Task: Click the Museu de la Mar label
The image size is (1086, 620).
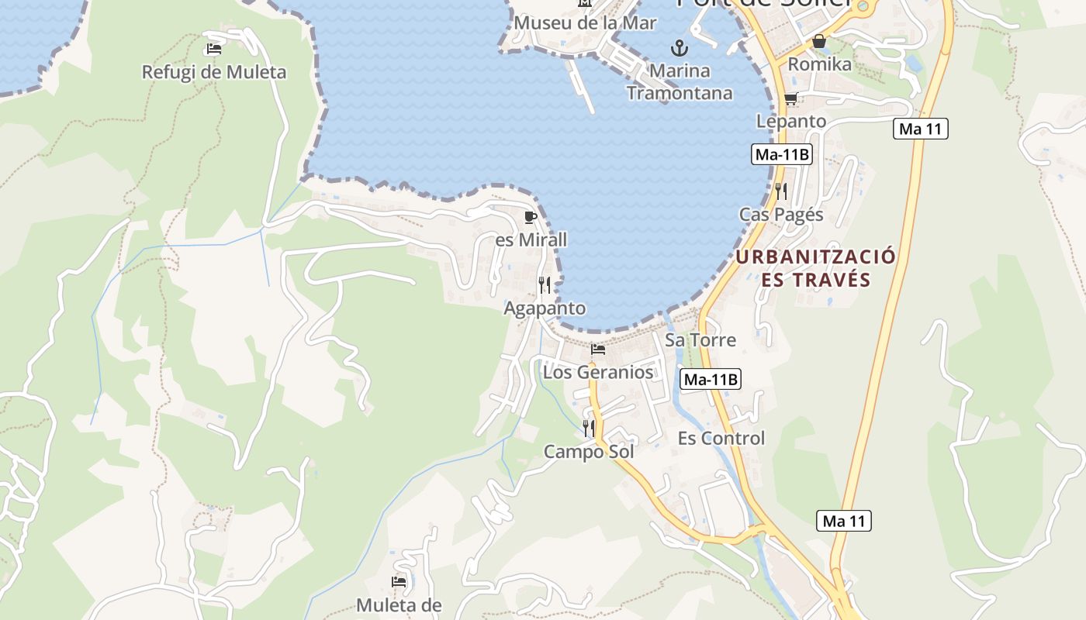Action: [585, 23]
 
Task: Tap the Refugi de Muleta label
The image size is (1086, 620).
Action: [213, 72]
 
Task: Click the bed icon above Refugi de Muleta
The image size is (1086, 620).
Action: [213, 49]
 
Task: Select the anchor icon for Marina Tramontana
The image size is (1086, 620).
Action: [680, 48]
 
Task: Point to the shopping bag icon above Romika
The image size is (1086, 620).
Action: [819, 41]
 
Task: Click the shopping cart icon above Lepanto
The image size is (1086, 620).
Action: [790, 98]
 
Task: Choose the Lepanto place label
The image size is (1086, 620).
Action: [790, 121]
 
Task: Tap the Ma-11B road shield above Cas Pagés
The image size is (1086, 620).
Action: [782, 154]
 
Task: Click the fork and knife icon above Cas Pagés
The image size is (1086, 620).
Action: [781, 191]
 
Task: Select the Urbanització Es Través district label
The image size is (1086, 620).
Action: [815, 268]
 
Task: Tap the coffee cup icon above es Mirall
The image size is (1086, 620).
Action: [531, 216]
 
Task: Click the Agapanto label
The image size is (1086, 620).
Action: [545, 308]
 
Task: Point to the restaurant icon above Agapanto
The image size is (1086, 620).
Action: [545, 285]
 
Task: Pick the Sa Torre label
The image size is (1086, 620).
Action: [700, 339]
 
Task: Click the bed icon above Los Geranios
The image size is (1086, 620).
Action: [597, 350]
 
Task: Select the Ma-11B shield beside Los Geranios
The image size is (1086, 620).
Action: [711, 379]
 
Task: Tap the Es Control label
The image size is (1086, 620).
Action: [721, 438]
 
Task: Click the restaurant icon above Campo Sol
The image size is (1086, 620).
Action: [589, 428]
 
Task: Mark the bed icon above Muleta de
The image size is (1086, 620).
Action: [399, 581]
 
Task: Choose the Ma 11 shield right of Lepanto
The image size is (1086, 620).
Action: [921, 129]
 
